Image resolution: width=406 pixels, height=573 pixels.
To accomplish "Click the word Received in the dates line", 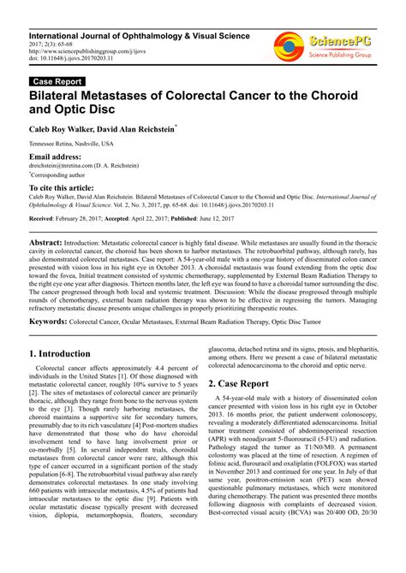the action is tap(42, 219).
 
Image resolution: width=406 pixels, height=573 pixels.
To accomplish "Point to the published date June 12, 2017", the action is tap(223, 219).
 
